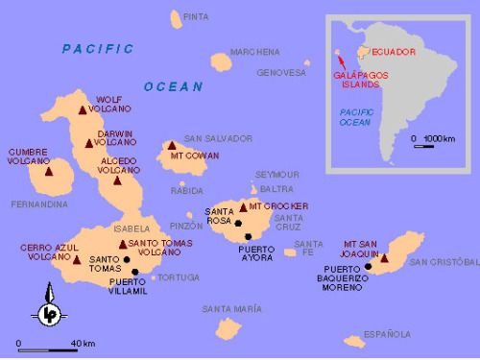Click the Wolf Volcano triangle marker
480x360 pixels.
[x=83, y=110]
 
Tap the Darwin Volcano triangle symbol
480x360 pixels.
[x=89, y=144]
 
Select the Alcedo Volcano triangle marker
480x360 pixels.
[x=118, y=180]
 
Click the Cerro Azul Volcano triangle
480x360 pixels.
[x=77, y=259]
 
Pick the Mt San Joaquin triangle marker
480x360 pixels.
[x=384, y=257]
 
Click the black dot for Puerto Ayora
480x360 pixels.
[x=248, y=236]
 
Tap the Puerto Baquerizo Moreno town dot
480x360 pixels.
[x=368, y=267]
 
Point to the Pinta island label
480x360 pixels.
[x=195, y=16]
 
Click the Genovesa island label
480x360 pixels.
[x=281, y=72]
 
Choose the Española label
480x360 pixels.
[x=392, y=334]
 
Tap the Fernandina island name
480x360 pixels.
[x=39, y=204]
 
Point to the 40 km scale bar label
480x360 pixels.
[x=83, y=344]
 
